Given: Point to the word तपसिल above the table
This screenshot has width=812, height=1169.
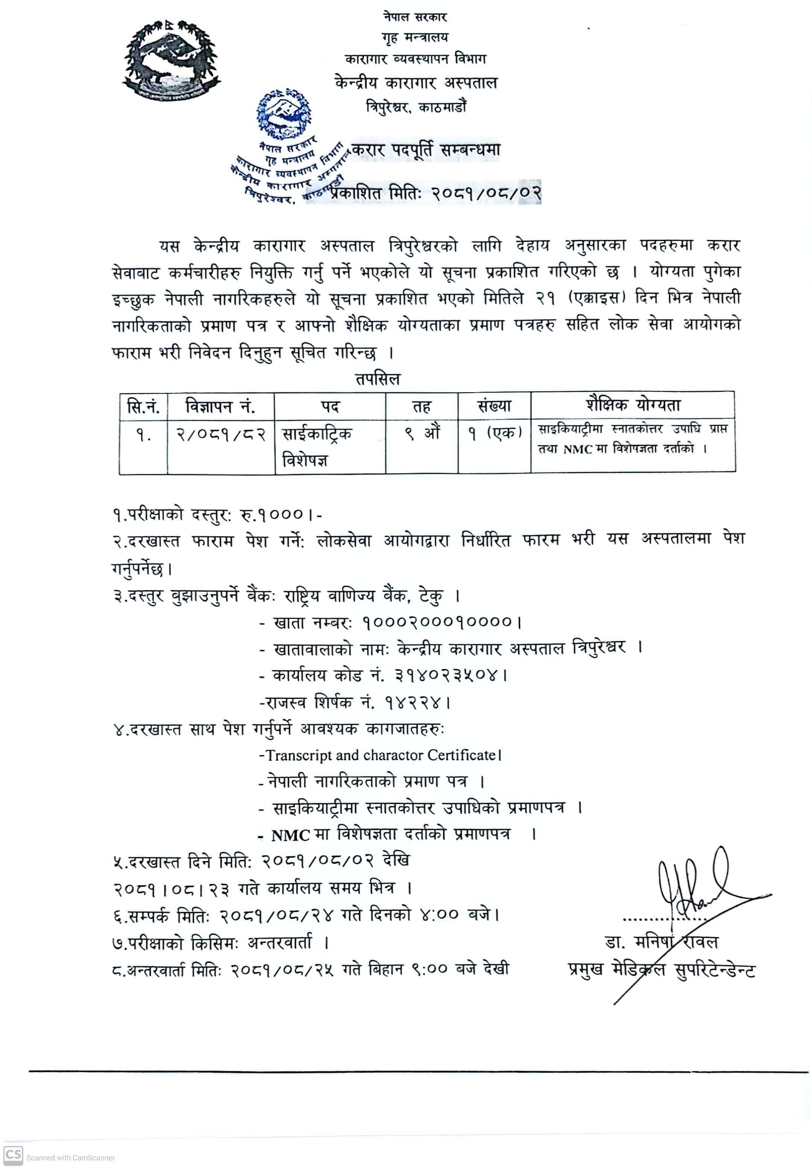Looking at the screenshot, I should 378,379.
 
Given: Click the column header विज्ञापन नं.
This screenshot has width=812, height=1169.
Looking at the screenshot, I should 220,406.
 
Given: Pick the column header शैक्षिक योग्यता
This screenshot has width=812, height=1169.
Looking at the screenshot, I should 632,405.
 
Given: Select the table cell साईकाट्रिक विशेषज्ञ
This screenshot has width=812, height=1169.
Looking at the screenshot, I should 317,447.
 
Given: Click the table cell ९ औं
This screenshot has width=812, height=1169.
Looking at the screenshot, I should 422,434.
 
